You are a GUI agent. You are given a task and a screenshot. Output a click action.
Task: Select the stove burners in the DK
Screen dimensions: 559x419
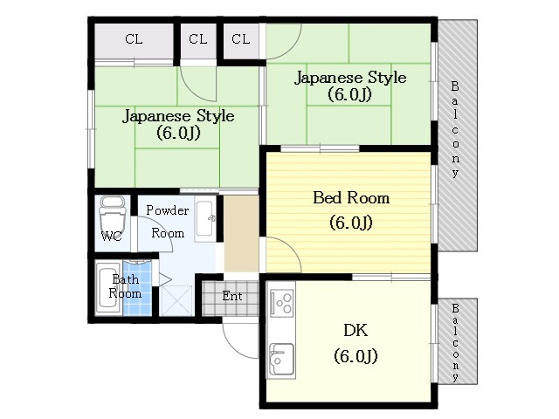tap(281, 303)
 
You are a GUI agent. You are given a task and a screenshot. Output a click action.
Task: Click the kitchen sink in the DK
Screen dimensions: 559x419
tap(281, 359)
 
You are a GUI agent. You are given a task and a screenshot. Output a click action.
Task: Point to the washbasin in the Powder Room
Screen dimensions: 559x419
tap(205, 218)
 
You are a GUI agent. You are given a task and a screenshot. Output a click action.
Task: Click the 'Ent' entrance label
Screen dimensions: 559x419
tap(232, 296)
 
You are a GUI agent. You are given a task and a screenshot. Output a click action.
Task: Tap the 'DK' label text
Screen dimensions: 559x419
tap(355, 331)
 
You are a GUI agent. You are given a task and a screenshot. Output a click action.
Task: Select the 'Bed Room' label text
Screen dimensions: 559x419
tap(351, 198)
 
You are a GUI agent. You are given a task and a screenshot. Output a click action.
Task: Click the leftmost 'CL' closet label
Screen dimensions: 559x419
tap(134, 38)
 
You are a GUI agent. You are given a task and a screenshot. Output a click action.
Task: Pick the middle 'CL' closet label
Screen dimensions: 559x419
tap(198, 38)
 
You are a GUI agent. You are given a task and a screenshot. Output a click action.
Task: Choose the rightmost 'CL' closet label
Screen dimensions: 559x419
tap(241, 38)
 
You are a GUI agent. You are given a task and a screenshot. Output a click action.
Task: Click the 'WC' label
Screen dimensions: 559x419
tap(112, 236)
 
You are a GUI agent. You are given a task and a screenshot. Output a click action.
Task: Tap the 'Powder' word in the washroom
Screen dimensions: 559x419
tap(168, 210)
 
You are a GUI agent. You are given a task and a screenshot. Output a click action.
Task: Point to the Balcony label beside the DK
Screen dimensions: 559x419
tap(455, 342)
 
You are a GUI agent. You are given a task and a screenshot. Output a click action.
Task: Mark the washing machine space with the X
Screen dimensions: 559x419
tap(176, 300)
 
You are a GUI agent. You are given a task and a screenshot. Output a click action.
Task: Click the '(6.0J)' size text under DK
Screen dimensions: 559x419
tap(355, 356)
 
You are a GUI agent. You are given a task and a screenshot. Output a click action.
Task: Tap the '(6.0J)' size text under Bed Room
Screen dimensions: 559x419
tap(351, 223)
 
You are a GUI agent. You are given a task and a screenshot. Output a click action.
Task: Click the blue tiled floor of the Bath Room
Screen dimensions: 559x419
tap(137, 289)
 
